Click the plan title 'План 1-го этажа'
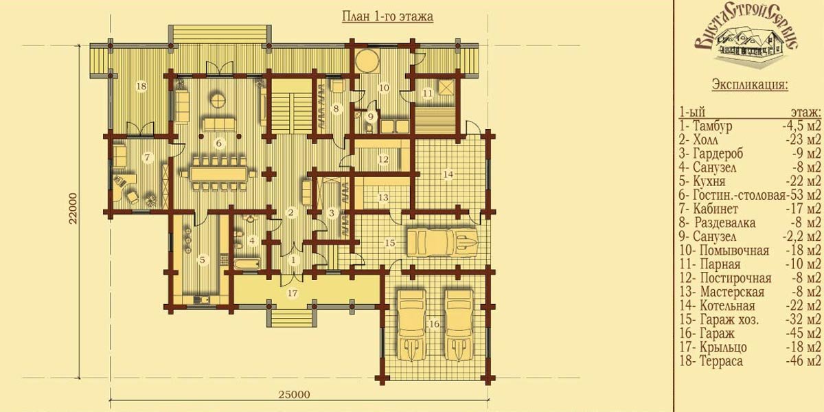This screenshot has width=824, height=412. coord(387,17)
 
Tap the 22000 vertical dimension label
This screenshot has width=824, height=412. coord(73,208)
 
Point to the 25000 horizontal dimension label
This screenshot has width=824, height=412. coord(295,395)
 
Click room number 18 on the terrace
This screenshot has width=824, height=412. coord(141,87)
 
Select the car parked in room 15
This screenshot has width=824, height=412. coord(442,242)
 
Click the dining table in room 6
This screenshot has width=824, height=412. coord(220,174)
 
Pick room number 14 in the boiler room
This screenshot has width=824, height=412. coord(448,174)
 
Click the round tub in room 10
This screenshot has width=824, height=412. coord(367,60)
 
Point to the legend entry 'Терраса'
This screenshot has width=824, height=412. coord(721,361)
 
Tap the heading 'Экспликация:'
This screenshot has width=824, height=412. coord(750,84)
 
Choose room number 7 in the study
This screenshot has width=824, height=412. coord(147,158)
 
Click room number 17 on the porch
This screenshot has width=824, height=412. coord(293,293)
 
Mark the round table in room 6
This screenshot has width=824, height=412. coord(218,100)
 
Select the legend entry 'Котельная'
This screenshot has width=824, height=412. coord(727,306)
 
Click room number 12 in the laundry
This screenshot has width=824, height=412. coord(383,159)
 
